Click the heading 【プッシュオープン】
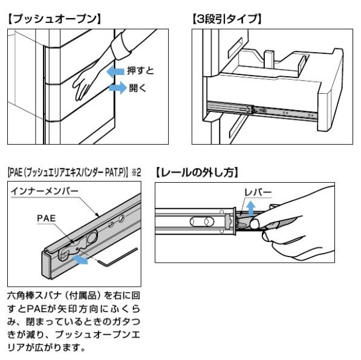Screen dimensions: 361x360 54,19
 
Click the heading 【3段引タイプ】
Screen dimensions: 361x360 227,19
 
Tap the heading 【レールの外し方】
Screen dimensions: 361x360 197,172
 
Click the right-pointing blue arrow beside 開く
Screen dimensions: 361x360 118,88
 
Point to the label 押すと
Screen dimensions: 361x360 140,71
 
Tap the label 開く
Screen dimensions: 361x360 138,88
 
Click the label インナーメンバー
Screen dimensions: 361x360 45,191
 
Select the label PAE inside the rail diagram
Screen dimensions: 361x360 47,218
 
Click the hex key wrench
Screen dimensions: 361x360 117,258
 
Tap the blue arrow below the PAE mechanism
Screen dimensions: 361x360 80,260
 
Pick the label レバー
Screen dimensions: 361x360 258,192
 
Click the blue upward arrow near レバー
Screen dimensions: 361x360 251,208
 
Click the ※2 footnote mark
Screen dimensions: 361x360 136,172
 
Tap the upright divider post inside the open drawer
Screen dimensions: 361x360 269,59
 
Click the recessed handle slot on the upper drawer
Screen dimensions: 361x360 235,47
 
